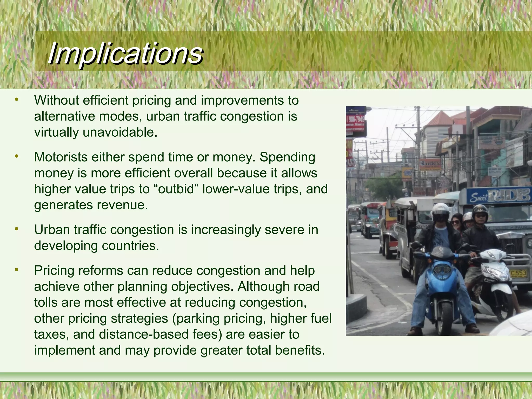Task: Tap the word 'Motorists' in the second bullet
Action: click(61, 157)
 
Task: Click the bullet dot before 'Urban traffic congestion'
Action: click(17, 229)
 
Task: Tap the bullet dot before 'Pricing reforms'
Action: click(17, 270)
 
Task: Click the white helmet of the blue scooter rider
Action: click(441, 211)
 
